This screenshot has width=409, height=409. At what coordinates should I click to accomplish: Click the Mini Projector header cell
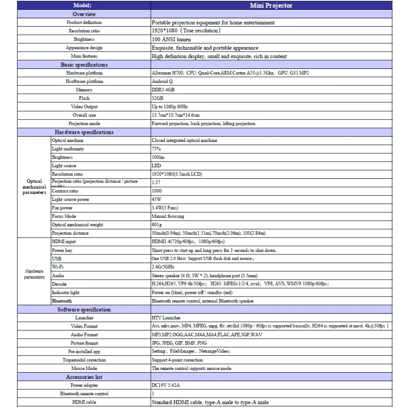click(x=271, y=6)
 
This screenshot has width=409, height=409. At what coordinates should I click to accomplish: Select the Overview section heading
click(x=84, y=14)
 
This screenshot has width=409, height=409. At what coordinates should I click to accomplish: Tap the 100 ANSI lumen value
click(x=171, y=40)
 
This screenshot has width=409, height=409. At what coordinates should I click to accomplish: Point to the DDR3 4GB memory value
click(x=163, y=90)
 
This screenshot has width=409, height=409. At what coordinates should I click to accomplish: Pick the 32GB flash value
click(x=157, y=98)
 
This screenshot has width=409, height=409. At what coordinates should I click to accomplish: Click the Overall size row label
click(x=84, y=115)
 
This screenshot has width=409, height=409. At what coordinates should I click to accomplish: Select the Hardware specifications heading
click(x=84, y=132)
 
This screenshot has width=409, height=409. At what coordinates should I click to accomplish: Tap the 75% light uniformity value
click(x=156, y=149)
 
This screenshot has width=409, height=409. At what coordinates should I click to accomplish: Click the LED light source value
click(x=156, y=166)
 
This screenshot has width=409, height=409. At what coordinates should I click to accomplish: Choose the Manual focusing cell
click(x=168, y=216)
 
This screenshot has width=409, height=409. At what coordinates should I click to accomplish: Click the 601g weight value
click(x=157, y=225)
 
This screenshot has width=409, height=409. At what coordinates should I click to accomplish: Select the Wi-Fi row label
click(x=58, y=267)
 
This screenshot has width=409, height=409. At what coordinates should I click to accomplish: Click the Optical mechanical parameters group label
click(x=34, y=187)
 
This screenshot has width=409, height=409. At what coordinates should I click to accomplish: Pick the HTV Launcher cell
click(x=166, y=318)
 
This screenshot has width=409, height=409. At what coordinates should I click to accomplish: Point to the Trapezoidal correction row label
click(x=84, y=360)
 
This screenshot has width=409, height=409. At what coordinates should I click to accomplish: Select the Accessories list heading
click(x=84, y=377)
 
